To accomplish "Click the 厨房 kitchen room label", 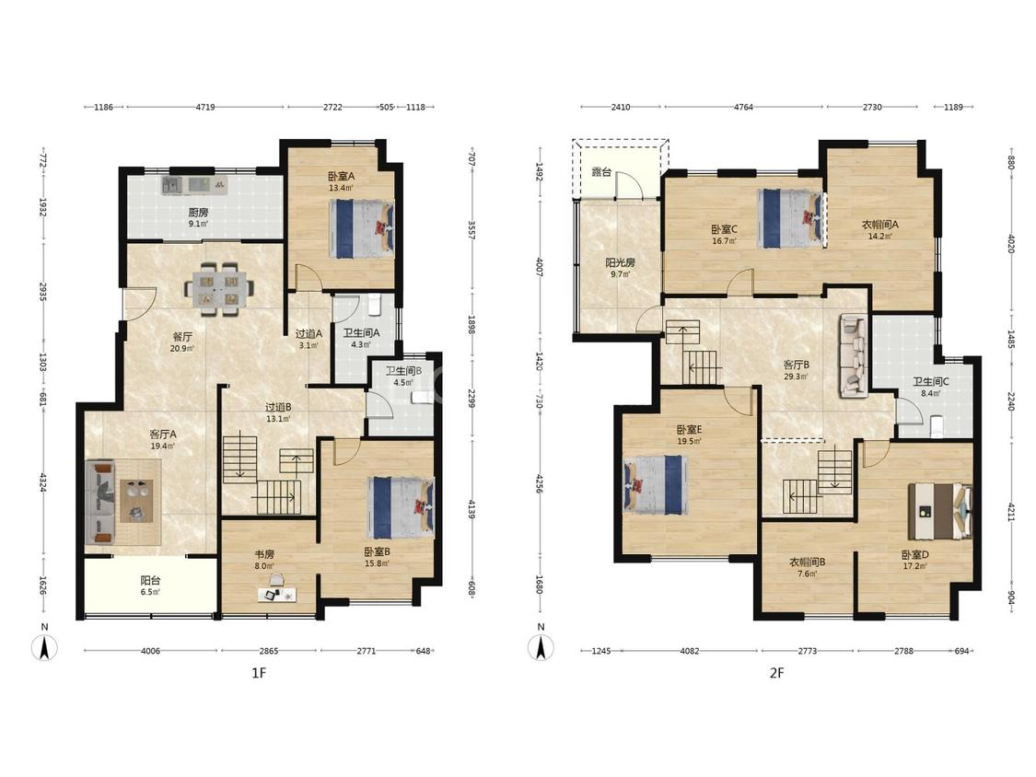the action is pyautogui.click(x=198, y=213).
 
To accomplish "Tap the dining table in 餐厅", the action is pyautogui.click(x=218, y=288).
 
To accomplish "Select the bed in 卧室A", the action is pyautogui.click(x=361, y=228).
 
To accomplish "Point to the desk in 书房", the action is pyautogui.click(x=277, y=595).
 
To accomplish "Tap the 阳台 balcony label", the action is pyautogui.click(x=151, y=581).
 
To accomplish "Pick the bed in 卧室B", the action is pyautogui.click(x=401, y=507).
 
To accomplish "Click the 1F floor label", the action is pyautogui.click(x=259, y=673).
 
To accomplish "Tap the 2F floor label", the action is pyautogui.click(x=776, y=673).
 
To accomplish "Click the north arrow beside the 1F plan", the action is pyautogui.click(x=44, y=647).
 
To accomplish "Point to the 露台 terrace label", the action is pyautogui.click(x=600, y=172).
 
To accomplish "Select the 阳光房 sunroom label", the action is pyautogui.click(x=621, y=263).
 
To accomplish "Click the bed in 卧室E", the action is pyautogui.click(x=655, y=485).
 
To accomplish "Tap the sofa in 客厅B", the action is pyautogui.click(x=855, y=356).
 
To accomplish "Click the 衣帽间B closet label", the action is pyautogui.click(x=808, y=562).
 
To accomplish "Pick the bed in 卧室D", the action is pyautogui.click(x=940, y=512).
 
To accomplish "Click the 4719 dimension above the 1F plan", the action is pyautogui.click(x=205, y=107).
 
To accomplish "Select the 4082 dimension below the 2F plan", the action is pyautogui.click(x=689, y=651).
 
